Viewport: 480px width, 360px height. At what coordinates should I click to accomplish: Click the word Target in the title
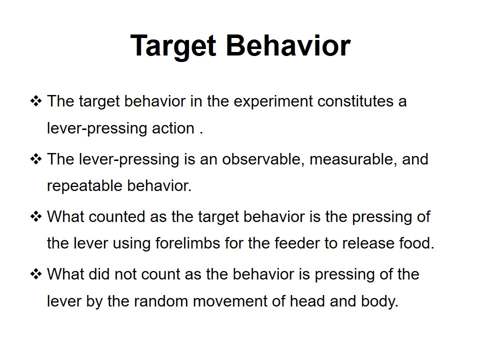point(173,46)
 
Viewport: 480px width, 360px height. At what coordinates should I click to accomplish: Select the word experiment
point(273,102)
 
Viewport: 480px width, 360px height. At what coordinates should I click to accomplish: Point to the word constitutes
point(355,101)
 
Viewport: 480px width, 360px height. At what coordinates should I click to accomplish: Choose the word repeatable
point(84,186)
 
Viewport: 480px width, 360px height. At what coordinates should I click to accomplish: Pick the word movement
point(230,301)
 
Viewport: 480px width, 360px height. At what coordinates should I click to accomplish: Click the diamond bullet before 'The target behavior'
point(36,101)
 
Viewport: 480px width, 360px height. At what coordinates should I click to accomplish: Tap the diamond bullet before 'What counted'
point(36,216)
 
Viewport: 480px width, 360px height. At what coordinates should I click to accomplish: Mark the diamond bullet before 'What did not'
point(36,274)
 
